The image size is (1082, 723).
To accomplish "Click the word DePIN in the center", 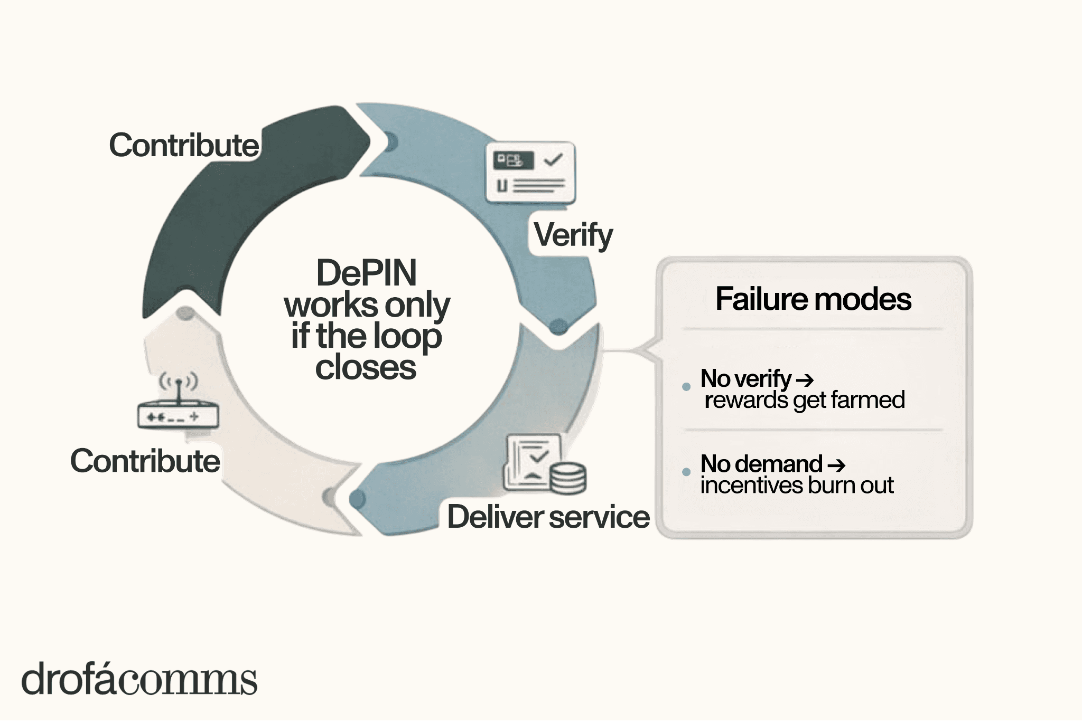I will pyautogui.click(x=366, y=273).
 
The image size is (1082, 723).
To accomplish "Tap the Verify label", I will pyautogui.click(x=573, y=235).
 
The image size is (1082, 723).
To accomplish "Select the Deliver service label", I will pyautogui.click(x=548, y=517).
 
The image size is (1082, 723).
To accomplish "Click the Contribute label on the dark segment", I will pyautogui.click(x=184, y=145).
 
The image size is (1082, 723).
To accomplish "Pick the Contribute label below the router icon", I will pyautogui.click(x=145, y=461).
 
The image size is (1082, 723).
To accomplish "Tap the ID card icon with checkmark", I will pyautogui.click(x=530, y=173).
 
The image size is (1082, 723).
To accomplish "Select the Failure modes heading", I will pyautogui.click(x=813, y=299).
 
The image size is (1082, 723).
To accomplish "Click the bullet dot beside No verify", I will pyautogui.click(x=686, y=387).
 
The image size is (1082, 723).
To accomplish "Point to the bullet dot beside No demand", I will pyautogui.click(x=686, y=472).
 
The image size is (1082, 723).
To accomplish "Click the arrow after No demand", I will pyautogui.click(x=836, y=465).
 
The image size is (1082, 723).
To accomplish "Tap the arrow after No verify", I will pyautogui.click(x=804, y=379).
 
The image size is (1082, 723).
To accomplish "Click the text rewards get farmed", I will pyautogui.click(x=804, y=400).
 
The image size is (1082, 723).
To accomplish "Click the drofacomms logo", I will pyautogui.click(x=139, y=680).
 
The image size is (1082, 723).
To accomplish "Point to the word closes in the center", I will pyautogui.click(x=366, y=367).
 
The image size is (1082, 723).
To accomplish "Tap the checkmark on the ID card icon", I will pyautogui.click(x=553, y=159).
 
